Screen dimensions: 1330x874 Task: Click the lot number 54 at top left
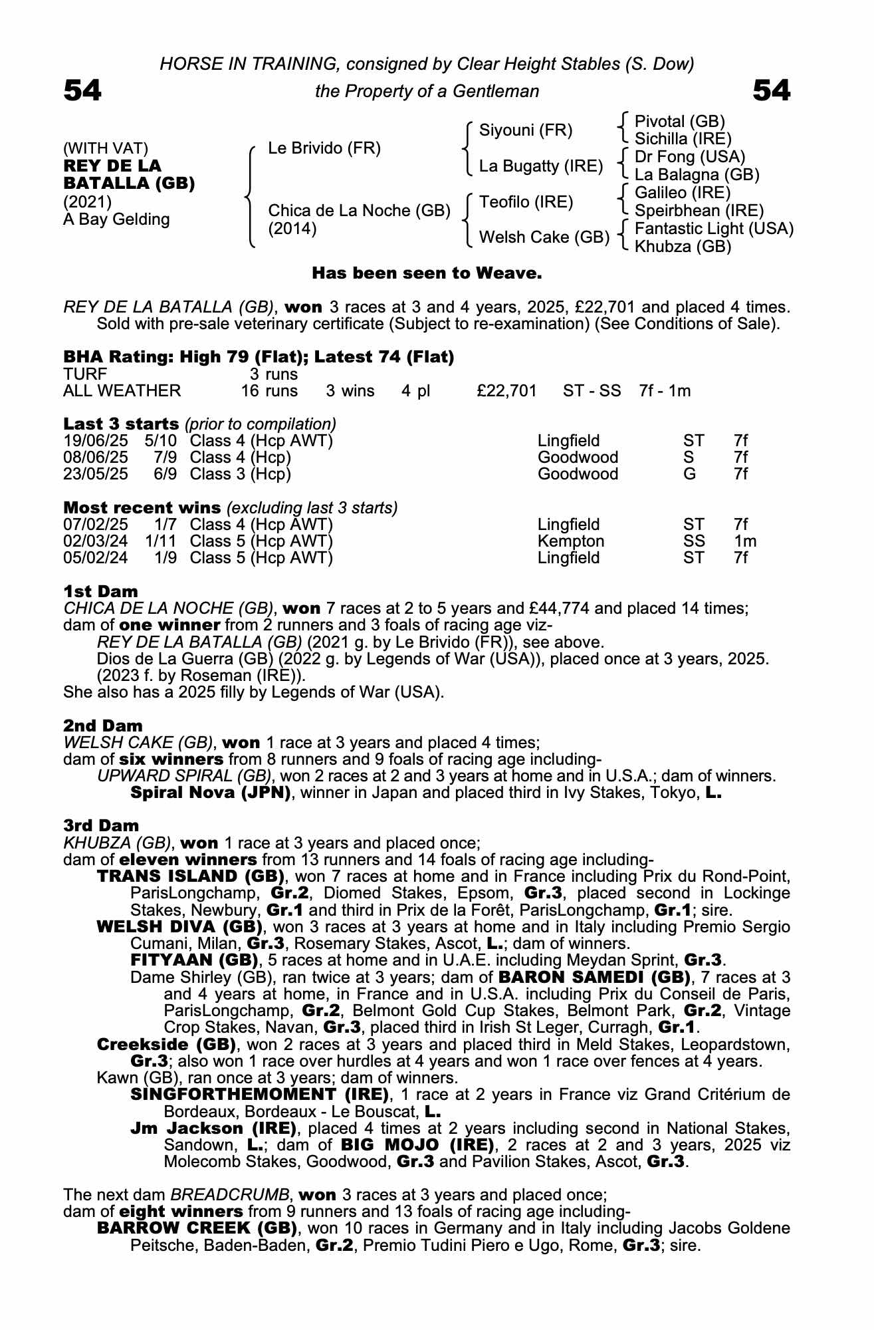click(x=82, y=90)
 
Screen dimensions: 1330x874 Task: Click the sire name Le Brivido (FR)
click(x=324, y=148)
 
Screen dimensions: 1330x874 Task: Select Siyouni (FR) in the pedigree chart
click(x=525, y=130)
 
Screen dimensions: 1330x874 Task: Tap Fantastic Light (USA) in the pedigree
click(x=714, y=229)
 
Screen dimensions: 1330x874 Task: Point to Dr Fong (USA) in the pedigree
click(x=690, y=157)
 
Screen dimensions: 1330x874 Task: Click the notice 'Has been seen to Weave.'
click(x=427, y=273)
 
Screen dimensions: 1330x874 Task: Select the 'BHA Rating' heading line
click(x=259, y=357)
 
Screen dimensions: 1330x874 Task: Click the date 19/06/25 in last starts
click(x=96, y=441)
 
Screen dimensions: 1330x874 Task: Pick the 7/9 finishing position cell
click(x=167, y=458)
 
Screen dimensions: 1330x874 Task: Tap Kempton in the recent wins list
click(x=570, y=541)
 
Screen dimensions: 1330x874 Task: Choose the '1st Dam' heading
click(x=100, y=591)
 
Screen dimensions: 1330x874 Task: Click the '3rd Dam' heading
click(x=101, y=825)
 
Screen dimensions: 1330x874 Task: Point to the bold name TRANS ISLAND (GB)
click(x=191, y=876)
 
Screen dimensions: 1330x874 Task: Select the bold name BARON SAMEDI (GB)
click(x=593, y=977)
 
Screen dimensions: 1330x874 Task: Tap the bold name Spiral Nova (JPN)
click(x=211, y=793)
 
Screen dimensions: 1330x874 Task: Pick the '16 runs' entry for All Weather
click(x=269, y=391)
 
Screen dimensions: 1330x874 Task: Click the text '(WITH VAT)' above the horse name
click(x=106, y=148)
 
